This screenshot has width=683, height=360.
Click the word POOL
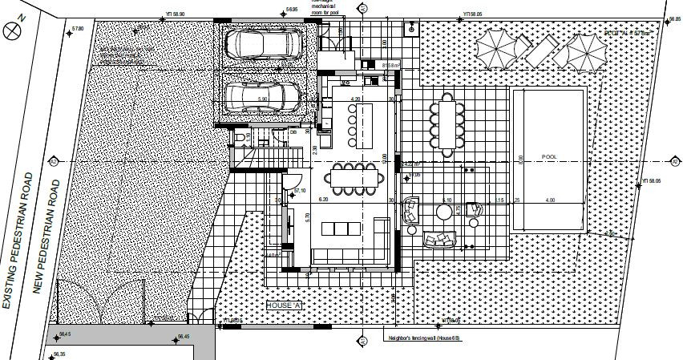point(548,157)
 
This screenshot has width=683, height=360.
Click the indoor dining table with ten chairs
point(354,179)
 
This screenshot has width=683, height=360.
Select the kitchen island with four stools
point(354,123)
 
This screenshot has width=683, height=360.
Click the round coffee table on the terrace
point(443,212)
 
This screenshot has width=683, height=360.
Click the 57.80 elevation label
point(78,29)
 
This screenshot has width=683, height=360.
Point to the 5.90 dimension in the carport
point(261,100)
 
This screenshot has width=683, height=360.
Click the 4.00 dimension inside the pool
point(550,200)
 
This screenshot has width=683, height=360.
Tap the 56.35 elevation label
point(60,353)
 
